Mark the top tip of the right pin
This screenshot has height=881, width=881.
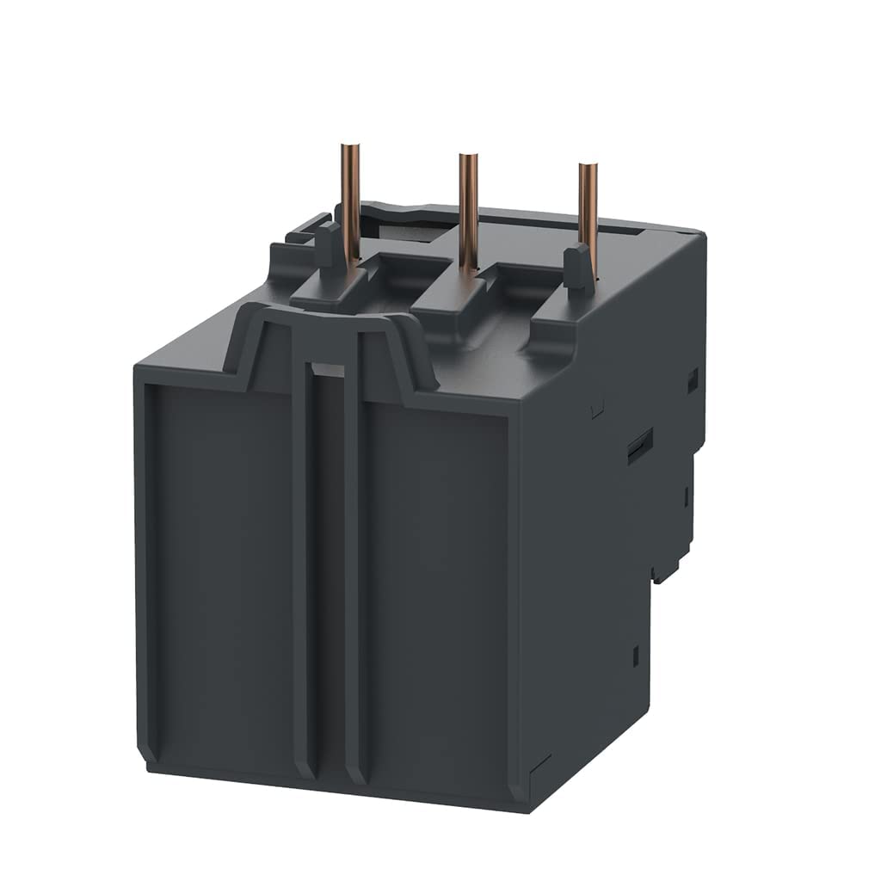pos(588,166)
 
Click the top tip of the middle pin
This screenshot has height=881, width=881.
pos(468,157)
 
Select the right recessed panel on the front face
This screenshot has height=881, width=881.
pos(434,594)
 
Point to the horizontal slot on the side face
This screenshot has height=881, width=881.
pos(638,447)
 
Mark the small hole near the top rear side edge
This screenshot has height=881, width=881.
pos(692,379)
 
